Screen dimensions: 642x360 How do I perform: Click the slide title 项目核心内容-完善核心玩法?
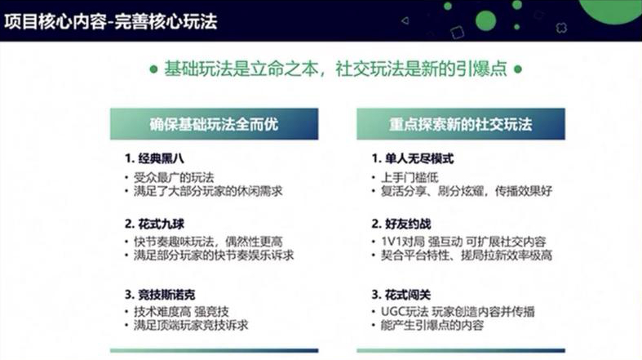[111, 21]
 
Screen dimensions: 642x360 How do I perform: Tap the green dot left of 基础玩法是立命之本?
[153, 69]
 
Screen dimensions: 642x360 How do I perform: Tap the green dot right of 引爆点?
[517, 69]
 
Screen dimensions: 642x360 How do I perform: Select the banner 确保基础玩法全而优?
[215, 124]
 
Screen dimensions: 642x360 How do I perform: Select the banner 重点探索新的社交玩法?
[461, 124]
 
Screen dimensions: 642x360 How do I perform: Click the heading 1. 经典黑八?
[154, 158]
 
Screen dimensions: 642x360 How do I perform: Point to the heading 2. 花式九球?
[154, 224]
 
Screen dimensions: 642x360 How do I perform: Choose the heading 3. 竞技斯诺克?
[160, 295]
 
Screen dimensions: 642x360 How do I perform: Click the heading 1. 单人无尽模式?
[413, 158]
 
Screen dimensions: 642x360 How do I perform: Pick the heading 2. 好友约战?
[401, 224]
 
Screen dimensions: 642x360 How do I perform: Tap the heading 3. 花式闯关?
[401, 295]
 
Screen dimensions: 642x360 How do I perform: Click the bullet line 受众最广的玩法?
[174, 178]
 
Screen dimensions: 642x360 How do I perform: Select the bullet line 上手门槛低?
[410, 178]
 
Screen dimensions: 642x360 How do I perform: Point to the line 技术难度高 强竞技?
[181, 312]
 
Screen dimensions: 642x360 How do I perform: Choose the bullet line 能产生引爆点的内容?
[432, 326]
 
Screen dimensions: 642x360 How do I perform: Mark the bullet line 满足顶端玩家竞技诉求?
[191, 326]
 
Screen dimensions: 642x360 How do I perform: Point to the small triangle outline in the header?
[405, 20]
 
